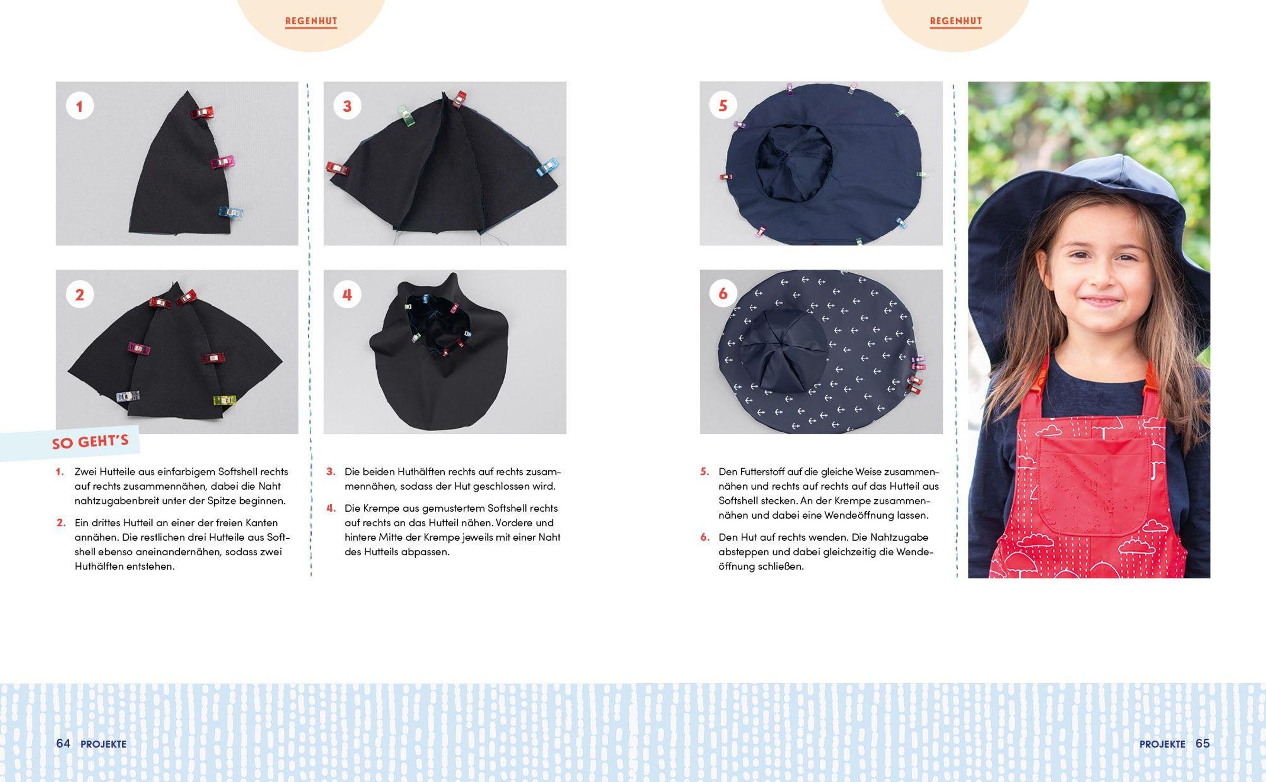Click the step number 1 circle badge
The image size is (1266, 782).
point(80,106)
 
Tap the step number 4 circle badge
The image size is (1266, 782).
point(347,294)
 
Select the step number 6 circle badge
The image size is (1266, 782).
point(723,294)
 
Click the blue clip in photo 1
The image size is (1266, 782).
point(231,212)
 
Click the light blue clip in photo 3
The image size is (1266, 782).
point(548,168)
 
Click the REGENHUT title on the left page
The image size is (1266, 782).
point(311,21)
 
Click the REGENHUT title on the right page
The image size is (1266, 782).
point(956,21)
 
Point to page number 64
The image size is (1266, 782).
point(63,743)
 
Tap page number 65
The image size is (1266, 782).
point(1203,743)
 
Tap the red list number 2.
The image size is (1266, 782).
point(61,523)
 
